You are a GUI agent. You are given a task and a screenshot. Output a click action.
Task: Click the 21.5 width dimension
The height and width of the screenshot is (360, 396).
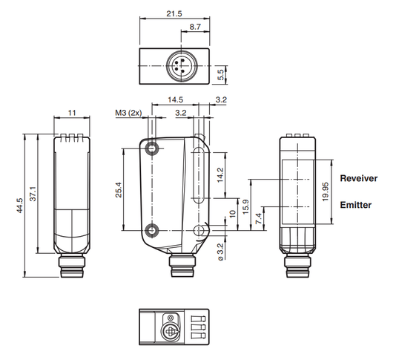pyautogui.click(x=174, y=13)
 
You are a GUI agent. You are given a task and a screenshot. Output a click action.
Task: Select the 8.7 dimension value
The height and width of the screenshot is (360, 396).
pyautogui.click(x=195, y=27)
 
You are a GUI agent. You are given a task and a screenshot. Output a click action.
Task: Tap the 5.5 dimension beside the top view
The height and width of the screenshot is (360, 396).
pyautogui.click(x=220, y=75)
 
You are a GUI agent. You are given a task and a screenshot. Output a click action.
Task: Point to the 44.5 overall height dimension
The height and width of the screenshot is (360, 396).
pyautogui.click(x=20, y=206)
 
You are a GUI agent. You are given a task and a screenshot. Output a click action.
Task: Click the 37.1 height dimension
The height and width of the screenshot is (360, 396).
pyautogui.click(x=33, y=194)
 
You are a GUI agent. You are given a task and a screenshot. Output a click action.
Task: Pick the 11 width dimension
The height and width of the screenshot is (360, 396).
pyautogui.click(x=72, y=113)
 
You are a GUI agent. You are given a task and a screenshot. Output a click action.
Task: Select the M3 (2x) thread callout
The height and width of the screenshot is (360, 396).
pyautogui.click(x=128, y=113)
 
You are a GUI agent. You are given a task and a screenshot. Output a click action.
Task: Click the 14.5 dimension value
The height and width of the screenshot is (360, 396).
pyautogui.click(x=175, y=99)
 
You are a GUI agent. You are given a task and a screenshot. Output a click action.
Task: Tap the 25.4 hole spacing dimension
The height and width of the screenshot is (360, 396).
pyautogui.click(x=119, y=190)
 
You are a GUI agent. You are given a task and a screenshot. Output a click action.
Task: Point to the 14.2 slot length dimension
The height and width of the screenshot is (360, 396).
pyautogui.click(x=220, y=175)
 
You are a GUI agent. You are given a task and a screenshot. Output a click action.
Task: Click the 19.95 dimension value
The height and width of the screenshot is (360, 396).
pyautogui.click(x=326, y=192)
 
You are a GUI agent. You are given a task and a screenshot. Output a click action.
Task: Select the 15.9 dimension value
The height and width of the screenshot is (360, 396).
pyautogui.click(x=245, y=207)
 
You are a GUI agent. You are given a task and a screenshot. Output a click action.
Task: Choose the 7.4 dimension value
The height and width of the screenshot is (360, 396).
pyautogui.click(x=259, y=218)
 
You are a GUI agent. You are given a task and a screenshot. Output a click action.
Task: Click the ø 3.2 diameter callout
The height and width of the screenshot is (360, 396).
pyautogui.click(x=220, y=252)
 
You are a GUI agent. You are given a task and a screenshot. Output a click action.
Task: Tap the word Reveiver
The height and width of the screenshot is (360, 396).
pyautogui.click(x=359, y=178)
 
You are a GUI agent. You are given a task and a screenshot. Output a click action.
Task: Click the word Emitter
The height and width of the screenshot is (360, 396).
pyautogui.click(x=356, y=205)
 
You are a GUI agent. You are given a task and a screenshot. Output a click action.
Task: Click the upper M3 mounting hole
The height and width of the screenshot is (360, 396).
pyautogui.click(x=152, y=148)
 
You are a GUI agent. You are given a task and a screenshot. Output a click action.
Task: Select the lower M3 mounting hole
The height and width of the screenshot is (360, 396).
pyautogui.click(x=152, y=230)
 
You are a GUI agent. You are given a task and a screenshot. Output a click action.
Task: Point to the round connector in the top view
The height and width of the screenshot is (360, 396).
pyautogui.click(x=181, y=66)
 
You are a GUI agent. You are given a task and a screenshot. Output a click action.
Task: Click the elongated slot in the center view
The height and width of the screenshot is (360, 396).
pyautogui.click(x=199, y=175)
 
